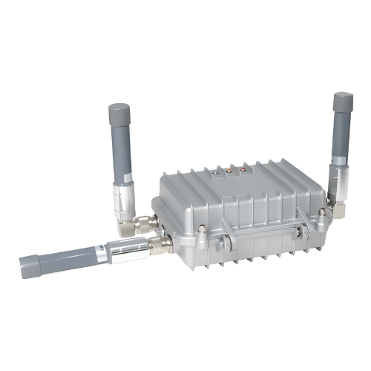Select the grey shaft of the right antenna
pyautogui.click(x=342, y=137)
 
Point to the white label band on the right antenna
pyautogui.click(x=341, y=168)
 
